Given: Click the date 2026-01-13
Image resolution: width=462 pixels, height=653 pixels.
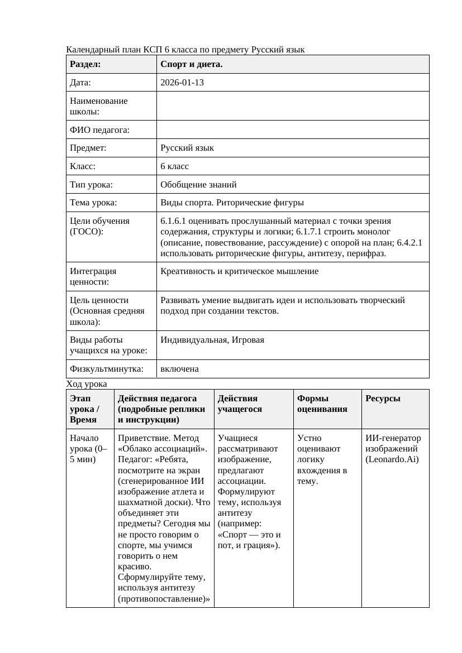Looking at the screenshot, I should [x=182, y=83].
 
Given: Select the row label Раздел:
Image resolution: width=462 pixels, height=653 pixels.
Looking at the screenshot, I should [x=85, y=64].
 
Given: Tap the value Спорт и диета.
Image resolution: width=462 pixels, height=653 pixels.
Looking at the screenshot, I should [x=192, y=64].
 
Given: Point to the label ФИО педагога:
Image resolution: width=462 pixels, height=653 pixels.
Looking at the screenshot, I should [x=99, y=130].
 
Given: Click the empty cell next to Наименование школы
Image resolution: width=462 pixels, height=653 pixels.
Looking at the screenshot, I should [x=293, y=106].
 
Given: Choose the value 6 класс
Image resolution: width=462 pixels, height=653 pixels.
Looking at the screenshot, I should [x=175, y=166].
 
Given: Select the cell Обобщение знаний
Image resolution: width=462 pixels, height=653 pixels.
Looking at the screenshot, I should [x=198, y=184].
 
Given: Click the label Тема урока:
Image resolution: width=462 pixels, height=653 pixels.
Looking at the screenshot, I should [x=93, y=203].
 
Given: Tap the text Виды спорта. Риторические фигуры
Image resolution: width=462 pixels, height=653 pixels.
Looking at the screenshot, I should [x=232, y=203].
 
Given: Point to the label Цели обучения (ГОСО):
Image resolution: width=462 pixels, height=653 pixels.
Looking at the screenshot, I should [x=99, y=226].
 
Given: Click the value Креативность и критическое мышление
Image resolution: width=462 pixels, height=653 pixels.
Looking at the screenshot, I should [x=239, y=271].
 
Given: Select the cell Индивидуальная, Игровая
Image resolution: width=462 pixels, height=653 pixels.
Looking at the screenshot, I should [x=212, y=340].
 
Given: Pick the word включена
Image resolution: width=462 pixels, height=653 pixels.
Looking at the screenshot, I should [x=179, y=369].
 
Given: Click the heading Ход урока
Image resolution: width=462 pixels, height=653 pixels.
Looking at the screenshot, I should [x=87, y=384].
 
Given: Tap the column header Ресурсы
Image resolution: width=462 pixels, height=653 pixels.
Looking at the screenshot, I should [x=383, y=398].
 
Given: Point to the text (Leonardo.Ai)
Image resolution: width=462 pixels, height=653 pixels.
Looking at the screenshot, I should [x=392, y=459].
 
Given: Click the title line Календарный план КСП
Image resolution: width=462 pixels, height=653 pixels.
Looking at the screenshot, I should [x=185, y=50].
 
